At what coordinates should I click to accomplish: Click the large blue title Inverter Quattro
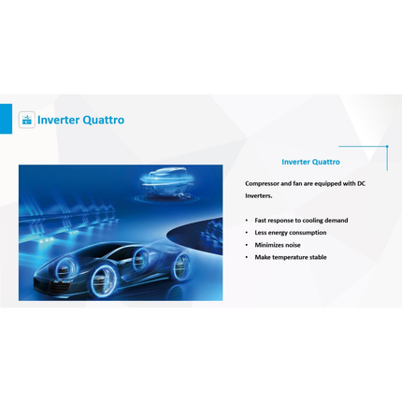click(80, 120)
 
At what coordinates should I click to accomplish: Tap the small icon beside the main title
click(27, 120)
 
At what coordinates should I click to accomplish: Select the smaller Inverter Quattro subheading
click(310, 162)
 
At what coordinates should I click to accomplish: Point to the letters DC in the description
click(361, 183)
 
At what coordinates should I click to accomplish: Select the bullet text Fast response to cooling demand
click(301, 221)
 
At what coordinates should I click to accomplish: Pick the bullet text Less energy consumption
click(291, 233)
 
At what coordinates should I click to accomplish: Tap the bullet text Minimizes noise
click(278, 245)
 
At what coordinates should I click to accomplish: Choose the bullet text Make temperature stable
click(291, 257)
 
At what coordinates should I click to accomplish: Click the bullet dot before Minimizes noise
click(247, 245)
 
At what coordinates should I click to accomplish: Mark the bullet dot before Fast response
click(247, 221)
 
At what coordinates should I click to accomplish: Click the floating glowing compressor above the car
click(166, 183)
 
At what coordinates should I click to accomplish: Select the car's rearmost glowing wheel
click(181, 266)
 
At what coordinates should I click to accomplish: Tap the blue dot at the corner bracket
click(387, 146)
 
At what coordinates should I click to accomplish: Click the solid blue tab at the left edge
click(6, 119)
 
